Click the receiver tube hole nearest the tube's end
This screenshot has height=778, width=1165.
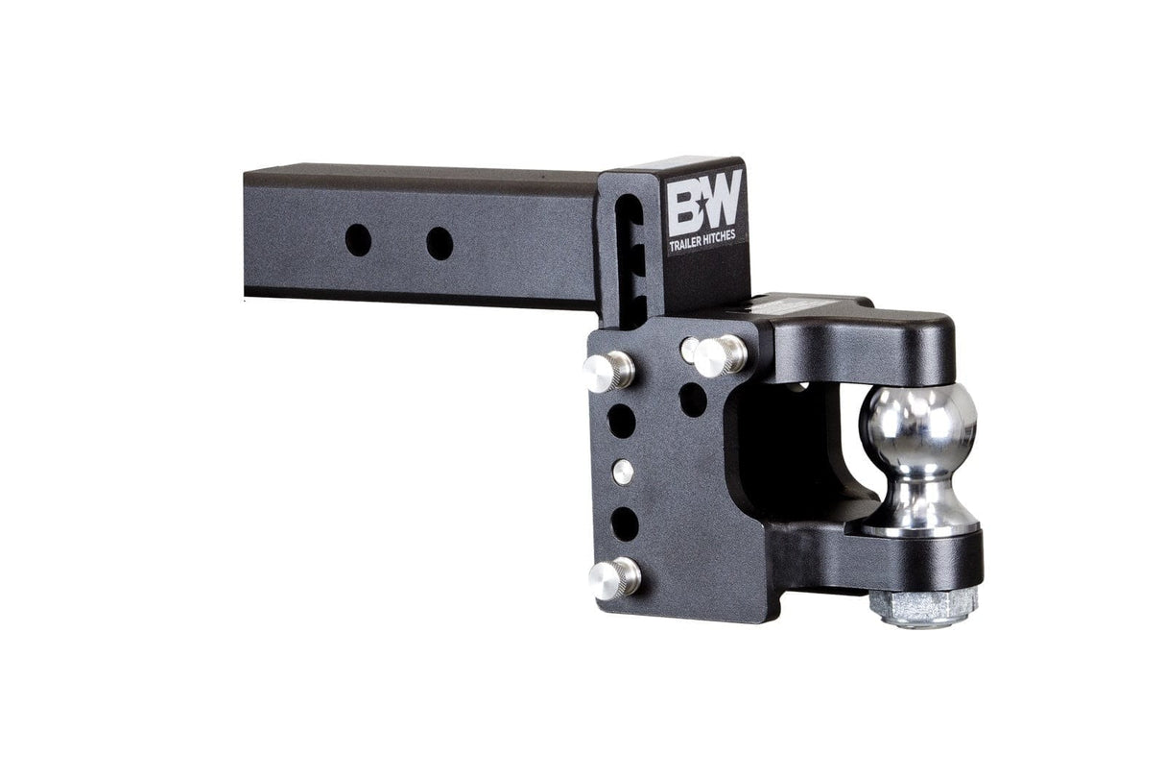pos(358,239)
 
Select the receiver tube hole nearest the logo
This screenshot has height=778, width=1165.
pos(440,243)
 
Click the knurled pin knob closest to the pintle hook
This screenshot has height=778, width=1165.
pos(719,355)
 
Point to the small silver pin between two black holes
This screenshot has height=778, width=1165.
pos(623,472)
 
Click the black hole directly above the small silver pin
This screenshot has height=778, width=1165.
pos(621,421)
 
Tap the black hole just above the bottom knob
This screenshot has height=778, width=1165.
pos(625,523)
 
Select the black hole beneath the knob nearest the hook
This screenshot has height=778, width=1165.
pos(693,399)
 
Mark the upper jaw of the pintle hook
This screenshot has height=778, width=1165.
pos(864,336)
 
